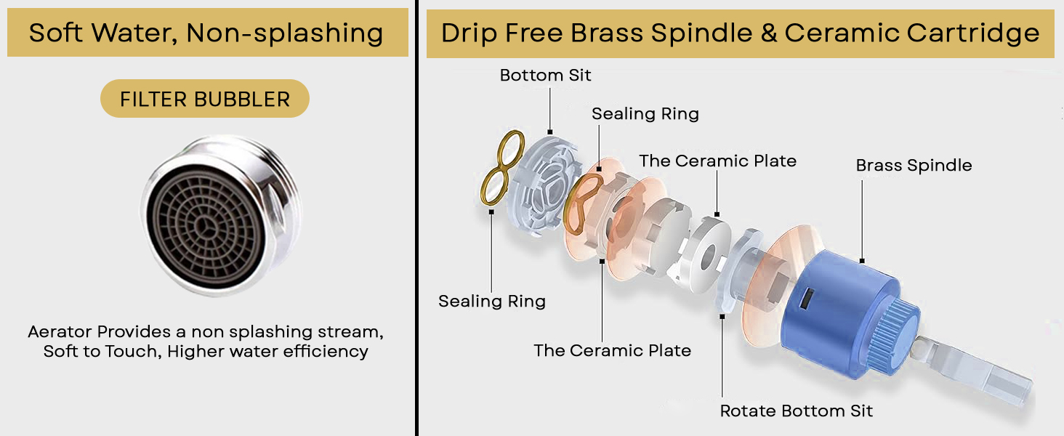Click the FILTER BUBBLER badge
pyautogui.click(x=205, y=99)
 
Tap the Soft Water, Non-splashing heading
pyautogui.click(x=206, y=33)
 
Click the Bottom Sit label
pyautogui.click(x=545, y=76)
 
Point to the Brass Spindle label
pyautogui.click(x=914, y=166)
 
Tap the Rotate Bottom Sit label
pyautogui.click(x=796, y=411)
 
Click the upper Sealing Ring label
pyautogui.click(x=645, y=114)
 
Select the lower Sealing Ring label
pyautogui.click(x=491, y=302)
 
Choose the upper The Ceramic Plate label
pyautogui.click(x=717, y=161)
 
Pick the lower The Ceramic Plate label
pyautogui.click(x=612, y=351)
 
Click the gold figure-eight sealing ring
pyautogui.click(x=501, y=168)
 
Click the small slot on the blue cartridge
pyautogui.click(x=806, y=297)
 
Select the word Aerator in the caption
pyautogui.click(x=60, y=332)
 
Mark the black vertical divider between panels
pyautogui.click(x=416, y=218)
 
